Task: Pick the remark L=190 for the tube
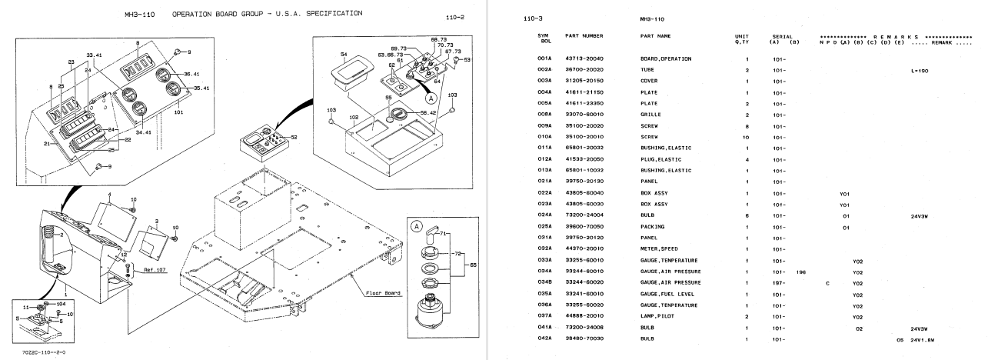click(919, 69)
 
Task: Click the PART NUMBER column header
click(584, 36)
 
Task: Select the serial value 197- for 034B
click(779, 283)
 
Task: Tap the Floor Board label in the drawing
click(382, 293)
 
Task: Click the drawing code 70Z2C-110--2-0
click(44, 353)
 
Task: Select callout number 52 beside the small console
click(294, 137)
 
